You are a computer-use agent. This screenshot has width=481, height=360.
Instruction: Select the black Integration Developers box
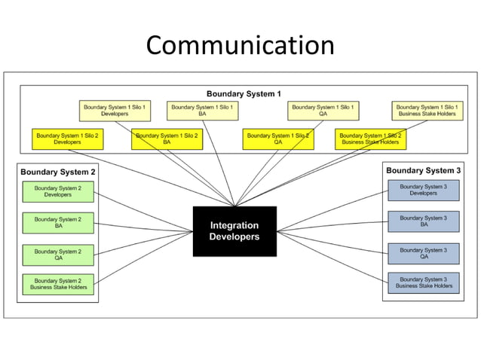click(234, 230)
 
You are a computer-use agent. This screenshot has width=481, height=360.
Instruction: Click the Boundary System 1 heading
click(244, 94)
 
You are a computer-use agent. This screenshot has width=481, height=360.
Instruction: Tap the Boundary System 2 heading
click(57, 172)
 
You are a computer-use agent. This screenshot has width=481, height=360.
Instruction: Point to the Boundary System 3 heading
click(423, 171)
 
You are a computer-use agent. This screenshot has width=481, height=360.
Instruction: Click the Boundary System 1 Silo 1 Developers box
click(115, 111)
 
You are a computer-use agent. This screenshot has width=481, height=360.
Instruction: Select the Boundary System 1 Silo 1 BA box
click(202, 111)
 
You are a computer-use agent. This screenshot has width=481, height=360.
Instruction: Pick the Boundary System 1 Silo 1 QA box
click(323, 111)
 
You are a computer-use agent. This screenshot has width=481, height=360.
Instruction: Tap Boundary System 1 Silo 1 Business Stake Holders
click(427, 111)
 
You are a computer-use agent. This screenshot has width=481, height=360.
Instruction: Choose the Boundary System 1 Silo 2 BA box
click(167, 139)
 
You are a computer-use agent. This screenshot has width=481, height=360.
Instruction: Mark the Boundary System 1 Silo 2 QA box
click(278, 139)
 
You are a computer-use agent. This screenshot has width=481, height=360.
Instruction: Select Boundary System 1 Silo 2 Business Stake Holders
click(369, 139)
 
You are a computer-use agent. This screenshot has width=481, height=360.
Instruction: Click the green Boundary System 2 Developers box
click(58, 191)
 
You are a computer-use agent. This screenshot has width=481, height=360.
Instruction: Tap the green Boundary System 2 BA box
click(58, 222)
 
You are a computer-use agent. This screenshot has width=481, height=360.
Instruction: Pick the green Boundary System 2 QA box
click(58, 254)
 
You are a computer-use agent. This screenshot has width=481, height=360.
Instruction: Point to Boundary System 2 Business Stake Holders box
click(58, 284)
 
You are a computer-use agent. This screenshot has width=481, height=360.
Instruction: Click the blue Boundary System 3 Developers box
click(423, 190)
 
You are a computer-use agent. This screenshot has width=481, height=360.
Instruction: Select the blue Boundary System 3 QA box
click(423, 253)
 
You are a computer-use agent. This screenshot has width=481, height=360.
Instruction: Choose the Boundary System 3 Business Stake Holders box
click(423, 282)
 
